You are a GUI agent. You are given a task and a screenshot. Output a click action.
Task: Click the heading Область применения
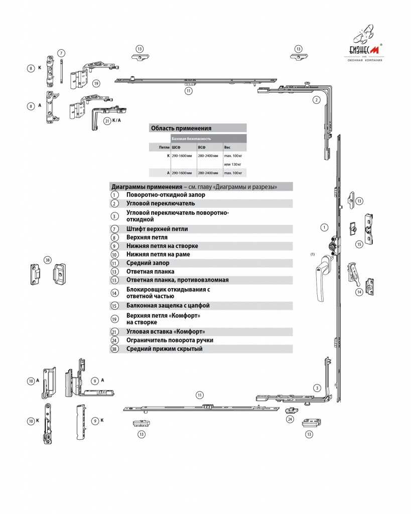point(181,128)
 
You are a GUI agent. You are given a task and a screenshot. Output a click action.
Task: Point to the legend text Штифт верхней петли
point(157,229)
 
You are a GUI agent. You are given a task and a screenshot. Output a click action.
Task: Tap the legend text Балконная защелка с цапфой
point(168,306)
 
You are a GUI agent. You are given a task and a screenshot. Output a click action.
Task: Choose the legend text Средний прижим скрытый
point(164,349)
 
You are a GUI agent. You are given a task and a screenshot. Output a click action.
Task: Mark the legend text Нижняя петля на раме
point(158,254)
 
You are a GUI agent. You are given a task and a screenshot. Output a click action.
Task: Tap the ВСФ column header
point(202,148)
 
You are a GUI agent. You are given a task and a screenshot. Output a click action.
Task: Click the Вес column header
point(227,148)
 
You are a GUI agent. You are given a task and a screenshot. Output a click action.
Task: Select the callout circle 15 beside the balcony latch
point(359,244)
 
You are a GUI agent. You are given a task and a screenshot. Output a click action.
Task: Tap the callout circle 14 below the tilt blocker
point(359,292)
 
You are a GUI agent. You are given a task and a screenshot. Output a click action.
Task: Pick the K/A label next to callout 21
point(116,121)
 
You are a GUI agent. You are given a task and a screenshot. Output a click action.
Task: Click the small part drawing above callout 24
point(290,410)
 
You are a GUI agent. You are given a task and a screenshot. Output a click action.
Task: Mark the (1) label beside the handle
point(313,254)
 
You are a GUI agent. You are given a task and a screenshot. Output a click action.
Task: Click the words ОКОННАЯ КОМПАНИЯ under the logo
point(365,60)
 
